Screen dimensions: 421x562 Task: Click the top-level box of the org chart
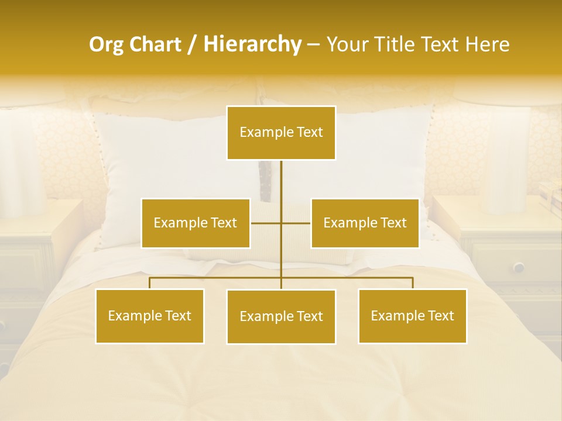coord(281,133)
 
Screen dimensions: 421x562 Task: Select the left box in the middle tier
coord(196,223)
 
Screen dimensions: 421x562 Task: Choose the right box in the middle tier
coord(365,223)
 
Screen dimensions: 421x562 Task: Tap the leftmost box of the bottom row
coord(150,316)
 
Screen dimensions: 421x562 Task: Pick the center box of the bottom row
coord(281,316)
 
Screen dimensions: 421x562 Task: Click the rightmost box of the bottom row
coord(412,316)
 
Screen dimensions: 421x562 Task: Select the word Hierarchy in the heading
coord(252,44)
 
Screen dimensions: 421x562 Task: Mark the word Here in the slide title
coord(487,44)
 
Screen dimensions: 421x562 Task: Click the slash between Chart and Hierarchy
coord(192,45)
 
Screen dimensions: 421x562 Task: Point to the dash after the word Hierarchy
coord(313,45)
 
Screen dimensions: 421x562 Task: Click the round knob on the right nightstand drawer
coord(519,267)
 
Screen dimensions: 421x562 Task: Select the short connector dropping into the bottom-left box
coord(150,283)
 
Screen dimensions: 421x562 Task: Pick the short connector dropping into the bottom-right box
coord(413,283)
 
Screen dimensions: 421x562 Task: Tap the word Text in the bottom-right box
coord(440,316)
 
